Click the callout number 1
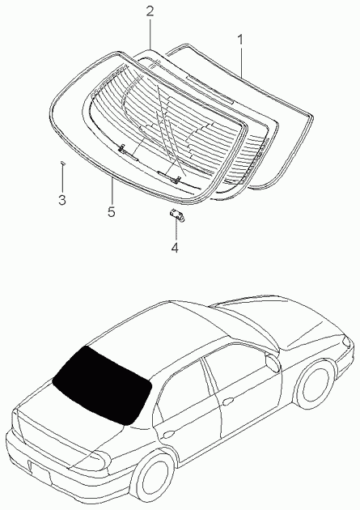click(239, 40)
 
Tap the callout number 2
click(150, 11)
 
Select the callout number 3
click(62, 200)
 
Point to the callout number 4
click(175, 248)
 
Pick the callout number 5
click(112, 212)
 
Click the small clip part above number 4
click(176, 215)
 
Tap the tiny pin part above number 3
click(63, 163)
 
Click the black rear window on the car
click(103, 385)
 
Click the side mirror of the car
click(273, 362)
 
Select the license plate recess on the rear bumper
click(39, 472)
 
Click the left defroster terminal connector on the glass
click(121, 148)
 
